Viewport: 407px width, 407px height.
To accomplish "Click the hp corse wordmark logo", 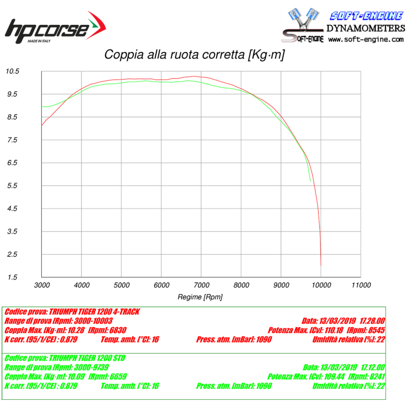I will (x=46, y=30).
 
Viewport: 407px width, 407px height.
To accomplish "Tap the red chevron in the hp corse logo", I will (x=97, y=25).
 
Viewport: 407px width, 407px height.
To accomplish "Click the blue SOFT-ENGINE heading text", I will (x=367, y=16).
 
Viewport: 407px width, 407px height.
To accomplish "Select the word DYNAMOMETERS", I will (x=366, y=28).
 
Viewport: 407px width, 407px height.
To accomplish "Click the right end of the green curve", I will (x=310, y=181).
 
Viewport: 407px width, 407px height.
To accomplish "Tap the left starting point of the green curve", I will (x=42, y=106).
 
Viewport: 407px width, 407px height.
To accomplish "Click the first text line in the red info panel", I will (x=72, y=311).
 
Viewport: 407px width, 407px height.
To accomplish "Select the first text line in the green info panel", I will (x=65, y=358).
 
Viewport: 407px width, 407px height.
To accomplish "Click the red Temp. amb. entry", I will (x=130, y=339).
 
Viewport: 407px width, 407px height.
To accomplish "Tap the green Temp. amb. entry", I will (x=130, y=386).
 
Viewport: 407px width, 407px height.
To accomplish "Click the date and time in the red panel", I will (x=343, y=321).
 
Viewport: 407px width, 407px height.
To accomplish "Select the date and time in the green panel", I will (x=344, y=367).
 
